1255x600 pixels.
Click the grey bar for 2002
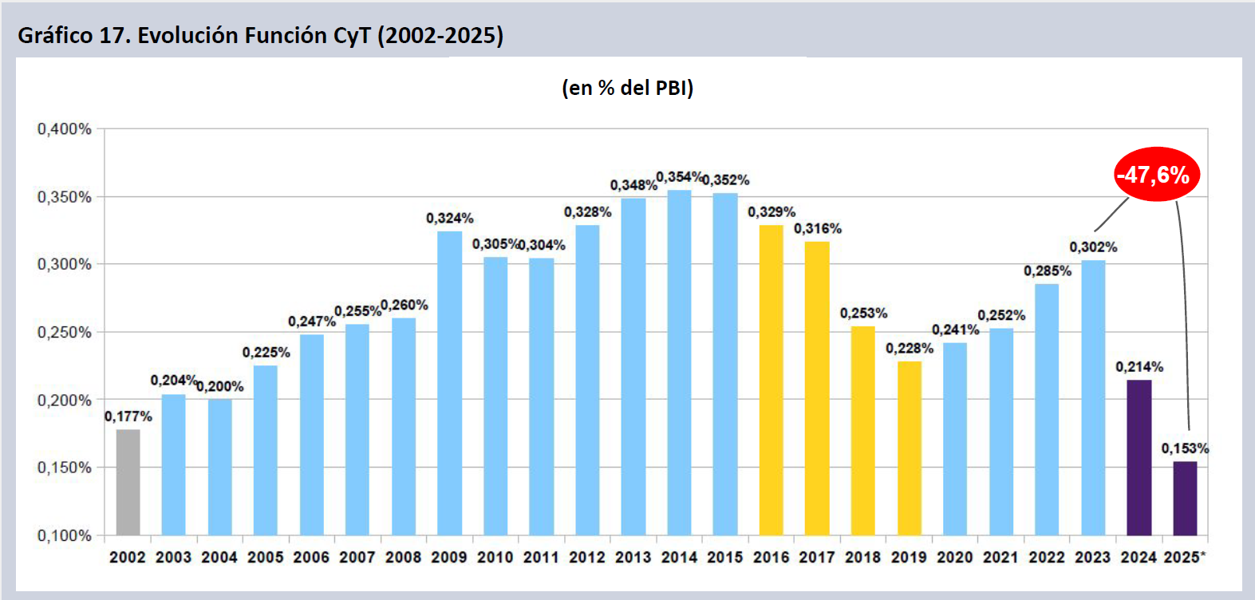tap(128, 482)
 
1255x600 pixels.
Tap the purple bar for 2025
tap(1185, 498)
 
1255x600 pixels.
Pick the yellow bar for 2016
tap(771, 380)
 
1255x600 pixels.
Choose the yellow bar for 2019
tap(909, 448)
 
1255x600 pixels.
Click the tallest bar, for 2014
tap(679, 362)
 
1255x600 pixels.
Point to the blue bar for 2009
tap(449, 383)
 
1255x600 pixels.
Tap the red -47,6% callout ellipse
tap(1156, 174)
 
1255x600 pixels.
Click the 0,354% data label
tap(679, 176)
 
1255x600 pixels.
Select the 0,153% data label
tap(1185, 448)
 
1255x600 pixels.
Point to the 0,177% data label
tap(128, 416)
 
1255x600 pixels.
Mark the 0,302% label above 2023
tap(1093, 247)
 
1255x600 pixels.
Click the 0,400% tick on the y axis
tap(65, 129)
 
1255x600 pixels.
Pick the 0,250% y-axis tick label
tap(65, 332)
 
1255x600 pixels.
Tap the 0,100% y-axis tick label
tap(65, 535)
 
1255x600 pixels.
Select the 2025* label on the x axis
tap(1185, 557)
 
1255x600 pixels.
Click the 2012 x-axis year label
tap(587, 557)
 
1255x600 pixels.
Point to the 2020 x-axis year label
tap(955, 557)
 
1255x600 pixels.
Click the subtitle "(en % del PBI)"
tap(627, 88)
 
